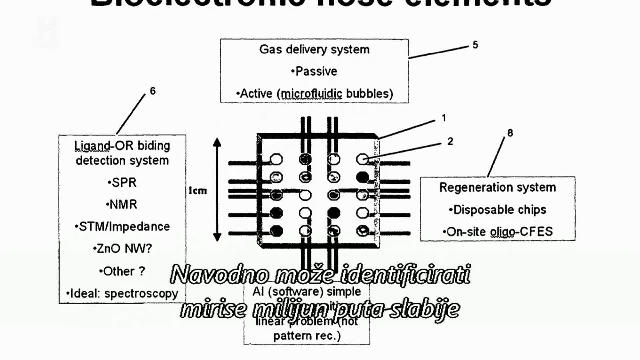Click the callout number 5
tap(475, 45)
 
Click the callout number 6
tap(153, 91)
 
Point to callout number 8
tap(510, 133)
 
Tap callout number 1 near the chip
tap(444, 118)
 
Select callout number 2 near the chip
tap(450, 141)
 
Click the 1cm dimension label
tap(198, 191)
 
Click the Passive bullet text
tap(314, 71)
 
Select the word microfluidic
tap(311, 94)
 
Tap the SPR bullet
tap(122, 183)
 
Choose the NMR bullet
tap(122, 204)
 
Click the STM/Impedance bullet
tap(122, 227)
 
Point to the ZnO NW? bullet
tap(123, 249)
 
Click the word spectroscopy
tap(141, 294)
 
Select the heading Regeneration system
tap(497, 187)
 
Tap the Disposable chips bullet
tap(497, 210)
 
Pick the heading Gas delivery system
tap(314, 49)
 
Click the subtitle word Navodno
tap(219, 275)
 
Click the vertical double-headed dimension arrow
tap(217, 189)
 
